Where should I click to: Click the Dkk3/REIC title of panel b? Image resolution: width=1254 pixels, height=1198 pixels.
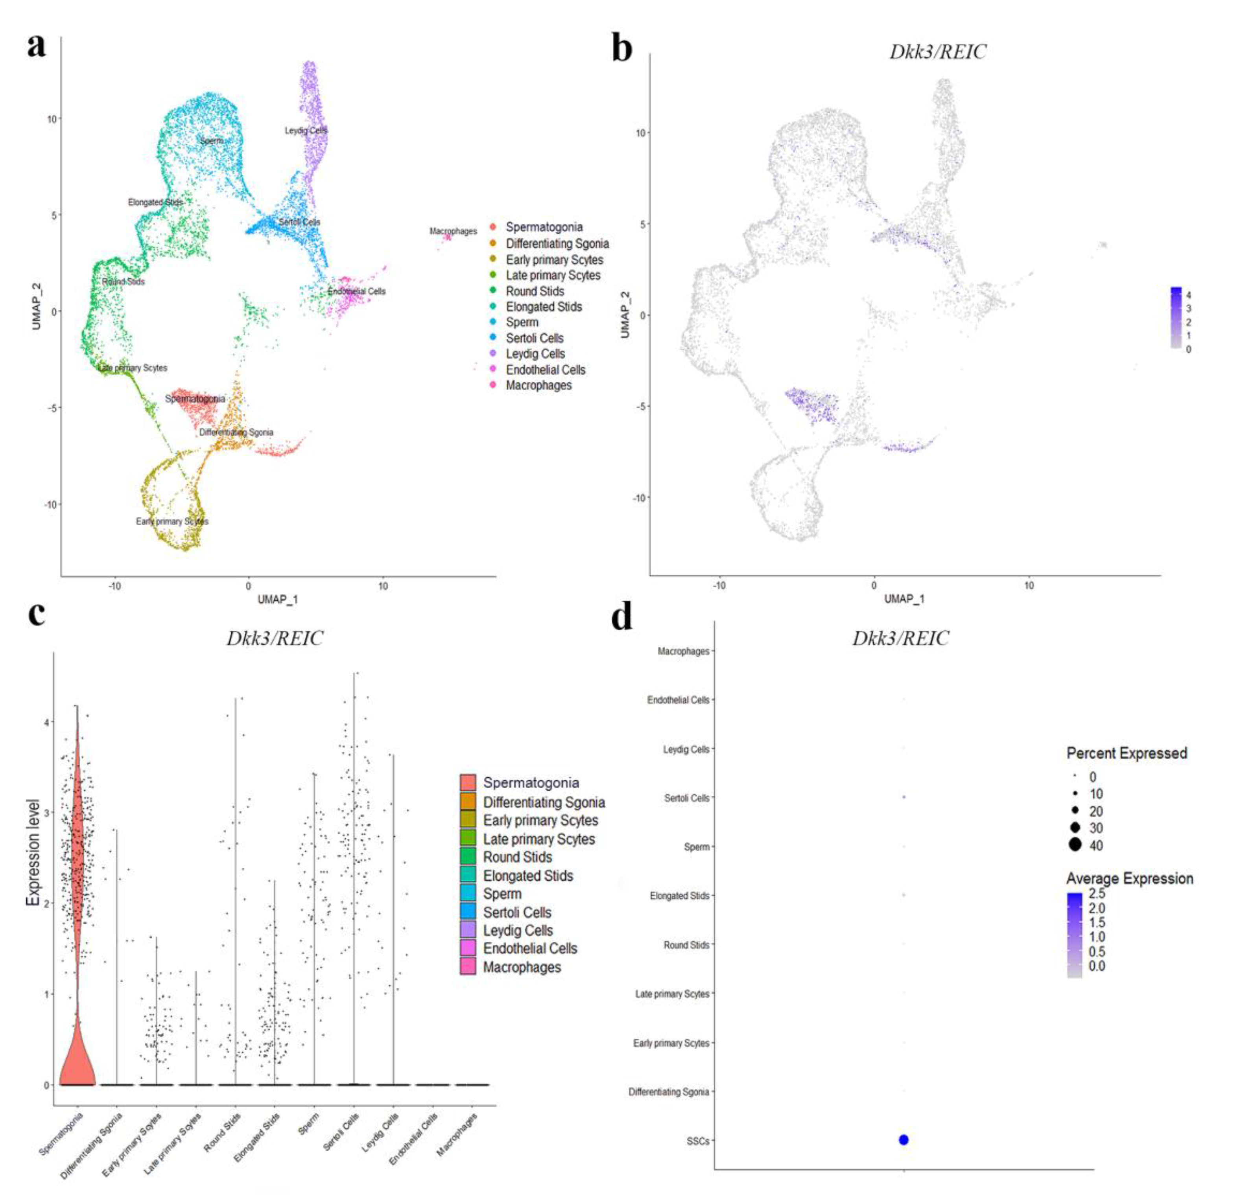pyautogui.click(x=937, y=52)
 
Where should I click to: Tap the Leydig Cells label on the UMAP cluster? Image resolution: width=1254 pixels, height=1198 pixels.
pyautogui.click(x=305, y=130)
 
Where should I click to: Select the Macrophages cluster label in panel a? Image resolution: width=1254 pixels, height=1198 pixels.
pyautogui.click(x=453, y=231)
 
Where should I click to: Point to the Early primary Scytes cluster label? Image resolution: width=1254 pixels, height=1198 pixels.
pyautogui.click(x=172, y=521)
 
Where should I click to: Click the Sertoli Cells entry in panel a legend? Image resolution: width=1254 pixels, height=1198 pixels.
pyautogui.click(x=534, y=338)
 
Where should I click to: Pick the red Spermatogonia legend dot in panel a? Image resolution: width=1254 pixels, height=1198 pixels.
pyautogui.click(x=492, y=227)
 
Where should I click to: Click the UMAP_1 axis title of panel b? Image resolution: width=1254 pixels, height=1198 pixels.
pyautogui.click(x=903, y=598)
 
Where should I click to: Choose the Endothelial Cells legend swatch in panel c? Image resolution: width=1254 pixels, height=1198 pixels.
pyautogui.click(x=468, y=948)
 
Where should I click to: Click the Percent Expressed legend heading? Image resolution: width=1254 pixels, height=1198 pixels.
pyautogui.click(x=1126, y=753)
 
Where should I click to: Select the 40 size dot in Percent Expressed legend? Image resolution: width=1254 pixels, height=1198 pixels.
pyautogui.click(x=1075, y=845)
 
